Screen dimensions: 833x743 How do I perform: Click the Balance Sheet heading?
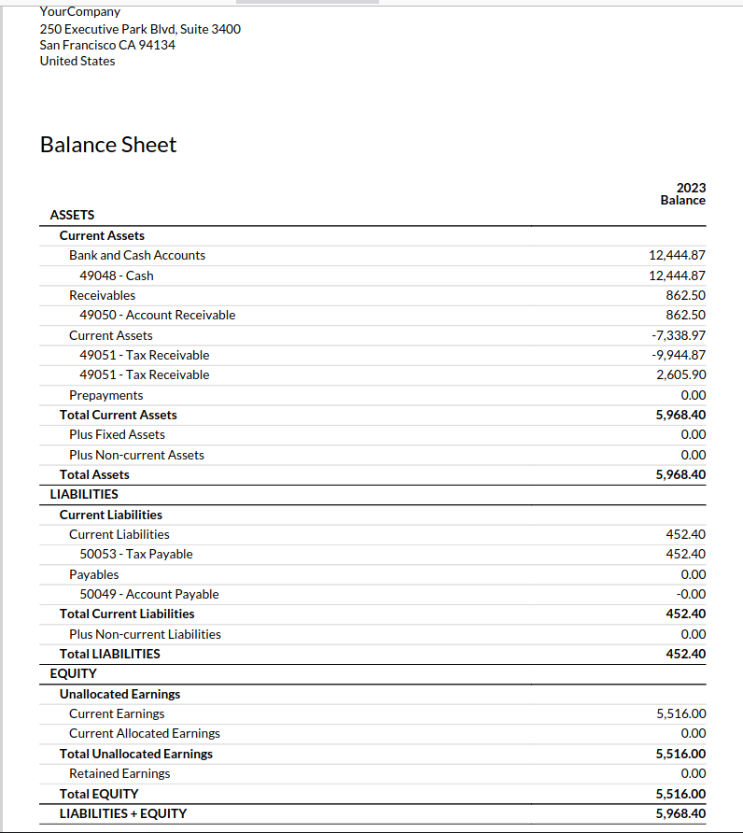tap(108, 145)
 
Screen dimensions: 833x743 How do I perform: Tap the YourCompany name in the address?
tap(80, 12)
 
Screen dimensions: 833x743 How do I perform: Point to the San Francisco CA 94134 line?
tap(107, 45)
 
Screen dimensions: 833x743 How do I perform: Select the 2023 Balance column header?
tap(683, 193)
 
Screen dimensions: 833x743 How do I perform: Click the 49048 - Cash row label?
tap(117, 275)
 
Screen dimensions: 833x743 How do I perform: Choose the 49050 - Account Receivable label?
tap(158, 315)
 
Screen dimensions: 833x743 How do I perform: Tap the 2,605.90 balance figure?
tap(681, 374)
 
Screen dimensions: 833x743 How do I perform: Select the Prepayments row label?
tap(106, 395)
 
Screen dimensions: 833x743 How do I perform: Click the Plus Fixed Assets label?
tap(117, 434)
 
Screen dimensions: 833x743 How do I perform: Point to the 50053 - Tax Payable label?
tap(136, 554)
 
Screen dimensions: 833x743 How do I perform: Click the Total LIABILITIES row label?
tap(110, 654)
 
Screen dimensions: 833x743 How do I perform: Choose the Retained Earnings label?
tap(119, 773)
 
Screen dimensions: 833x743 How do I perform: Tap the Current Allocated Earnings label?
tap(145, 733)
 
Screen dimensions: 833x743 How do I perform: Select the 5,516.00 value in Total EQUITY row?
tap(681, 794)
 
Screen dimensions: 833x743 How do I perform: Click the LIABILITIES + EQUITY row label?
tap(123, 813)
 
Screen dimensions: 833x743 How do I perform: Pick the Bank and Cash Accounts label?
tap(137, 255)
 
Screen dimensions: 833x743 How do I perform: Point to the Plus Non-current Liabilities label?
tap(145, 634)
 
